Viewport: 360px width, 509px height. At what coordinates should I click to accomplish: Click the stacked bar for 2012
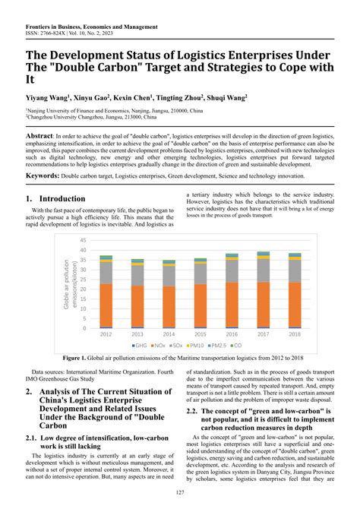point(106,292)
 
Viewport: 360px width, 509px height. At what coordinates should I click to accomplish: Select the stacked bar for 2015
point(200,293)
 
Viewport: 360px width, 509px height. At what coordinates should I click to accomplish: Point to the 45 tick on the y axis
point(84,240)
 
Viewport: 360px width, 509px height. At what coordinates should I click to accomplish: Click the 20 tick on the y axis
point(84,289)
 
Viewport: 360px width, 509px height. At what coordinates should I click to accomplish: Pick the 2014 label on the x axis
point(169,334)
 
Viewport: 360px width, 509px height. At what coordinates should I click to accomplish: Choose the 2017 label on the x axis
point(263,334)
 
